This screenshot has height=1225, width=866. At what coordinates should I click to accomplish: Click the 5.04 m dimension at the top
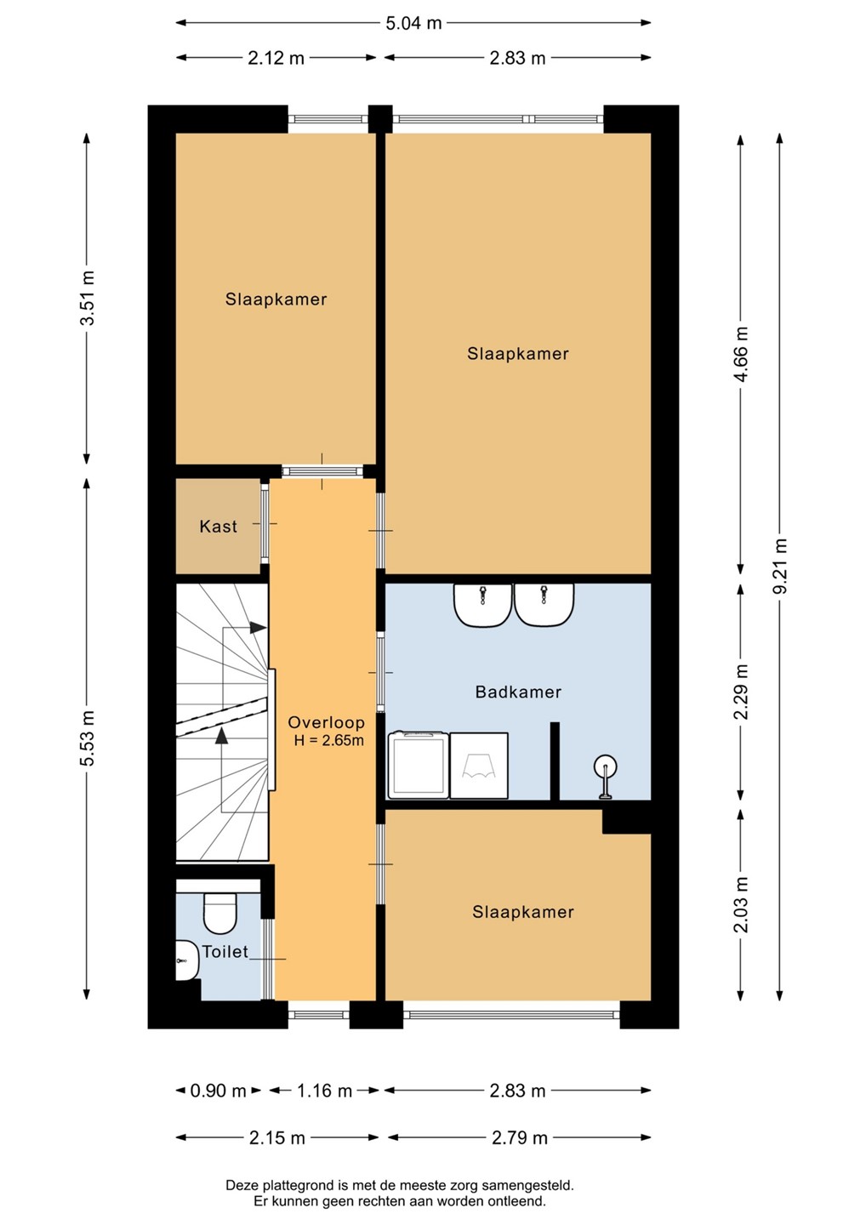tap(413, 23)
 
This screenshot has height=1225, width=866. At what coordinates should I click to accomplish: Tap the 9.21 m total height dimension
tap(780, 566)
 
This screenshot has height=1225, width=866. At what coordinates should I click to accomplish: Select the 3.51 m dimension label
tap(87, 298)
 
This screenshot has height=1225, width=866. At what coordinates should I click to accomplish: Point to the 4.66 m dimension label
tap(741, 354)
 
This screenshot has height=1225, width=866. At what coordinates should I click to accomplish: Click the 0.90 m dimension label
tap(218, 1091)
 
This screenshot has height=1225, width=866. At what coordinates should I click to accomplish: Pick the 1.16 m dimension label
tap(324, 1091)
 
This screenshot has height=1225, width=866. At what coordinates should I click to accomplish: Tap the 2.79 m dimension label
tap(520, 1137)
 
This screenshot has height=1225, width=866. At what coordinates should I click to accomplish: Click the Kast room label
tap(218, 526)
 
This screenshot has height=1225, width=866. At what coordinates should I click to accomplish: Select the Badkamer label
tap(518, 692)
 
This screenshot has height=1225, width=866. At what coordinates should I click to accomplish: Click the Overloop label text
tap(327, 722)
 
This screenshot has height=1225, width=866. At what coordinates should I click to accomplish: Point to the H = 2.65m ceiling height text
tap(328, 741)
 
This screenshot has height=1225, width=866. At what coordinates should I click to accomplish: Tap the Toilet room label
tap(225, 952)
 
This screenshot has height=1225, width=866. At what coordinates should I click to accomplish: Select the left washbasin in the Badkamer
tap(482, 605)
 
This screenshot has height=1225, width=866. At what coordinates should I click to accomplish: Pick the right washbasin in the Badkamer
tap(544, 605)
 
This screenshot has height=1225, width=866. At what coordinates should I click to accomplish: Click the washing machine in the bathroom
tap(419, 765)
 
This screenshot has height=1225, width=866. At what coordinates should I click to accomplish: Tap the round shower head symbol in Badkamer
tap(606, 766)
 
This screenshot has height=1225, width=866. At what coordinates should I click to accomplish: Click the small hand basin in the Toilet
tap(187, 960)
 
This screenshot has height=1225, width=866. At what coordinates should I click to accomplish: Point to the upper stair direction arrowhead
tap(258, 628)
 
